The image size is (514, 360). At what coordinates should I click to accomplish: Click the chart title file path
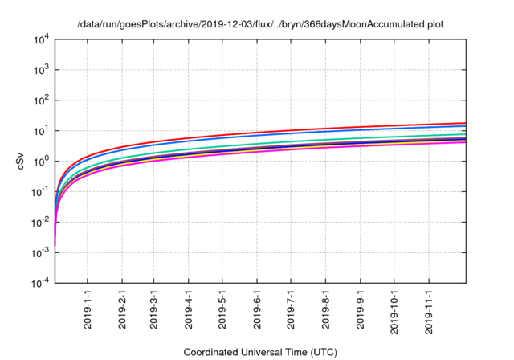coord(260,25)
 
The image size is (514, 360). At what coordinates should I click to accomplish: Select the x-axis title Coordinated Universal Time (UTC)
coord(261,352)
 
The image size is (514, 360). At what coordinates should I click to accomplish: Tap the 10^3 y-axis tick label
coord(42,70)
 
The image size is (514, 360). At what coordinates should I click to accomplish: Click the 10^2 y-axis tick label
coord(42,100)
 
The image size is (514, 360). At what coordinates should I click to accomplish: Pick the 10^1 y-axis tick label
coord(42,131)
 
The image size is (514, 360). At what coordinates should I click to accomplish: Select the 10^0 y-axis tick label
coord(42,162)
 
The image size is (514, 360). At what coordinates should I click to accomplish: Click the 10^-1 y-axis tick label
coord(40,192)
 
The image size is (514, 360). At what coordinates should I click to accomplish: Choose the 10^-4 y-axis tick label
coord(40,283)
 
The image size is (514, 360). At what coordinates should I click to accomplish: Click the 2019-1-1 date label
coord(88,309)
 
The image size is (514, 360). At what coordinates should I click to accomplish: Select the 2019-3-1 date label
coord(153,309)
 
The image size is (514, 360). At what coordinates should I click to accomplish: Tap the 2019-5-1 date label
coord(222,309)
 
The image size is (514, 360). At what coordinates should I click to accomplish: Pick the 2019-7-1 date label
coord(290,309)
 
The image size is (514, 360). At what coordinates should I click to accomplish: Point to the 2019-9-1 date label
coord(359,309)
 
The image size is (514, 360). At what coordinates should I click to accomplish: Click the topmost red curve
coord(321,129)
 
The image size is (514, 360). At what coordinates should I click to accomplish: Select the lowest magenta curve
coord(321,149)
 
